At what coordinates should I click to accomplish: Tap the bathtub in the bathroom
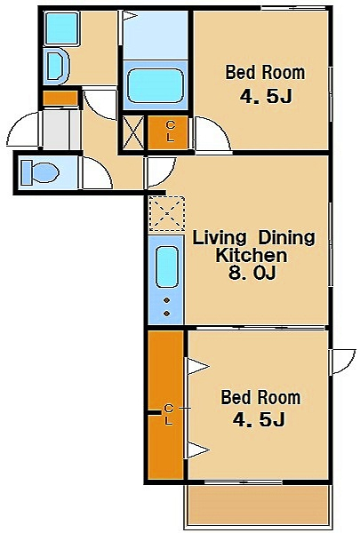(156, 85)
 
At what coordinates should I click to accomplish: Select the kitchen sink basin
(167, 267)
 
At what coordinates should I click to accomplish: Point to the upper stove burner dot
(167, 300)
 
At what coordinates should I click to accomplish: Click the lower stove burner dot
(167, 314)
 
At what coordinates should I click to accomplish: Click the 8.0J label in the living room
(252, 273)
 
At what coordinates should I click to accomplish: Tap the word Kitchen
(252, 255)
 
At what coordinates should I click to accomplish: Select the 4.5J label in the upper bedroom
(266, 97)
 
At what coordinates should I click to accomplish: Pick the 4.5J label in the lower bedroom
(259, 420)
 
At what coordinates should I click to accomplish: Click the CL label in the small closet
(170, 131)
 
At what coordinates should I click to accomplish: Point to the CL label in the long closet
(169, 415)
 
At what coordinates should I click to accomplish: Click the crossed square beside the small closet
(132, 132)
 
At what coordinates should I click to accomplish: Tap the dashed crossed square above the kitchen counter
(167, 213)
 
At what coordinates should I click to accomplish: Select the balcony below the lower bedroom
(258, 506)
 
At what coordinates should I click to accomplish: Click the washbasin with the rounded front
(56, 66)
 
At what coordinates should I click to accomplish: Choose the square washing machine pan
(61, 28)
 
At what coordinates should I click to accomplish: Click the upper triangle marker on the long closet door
(196, 367)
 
